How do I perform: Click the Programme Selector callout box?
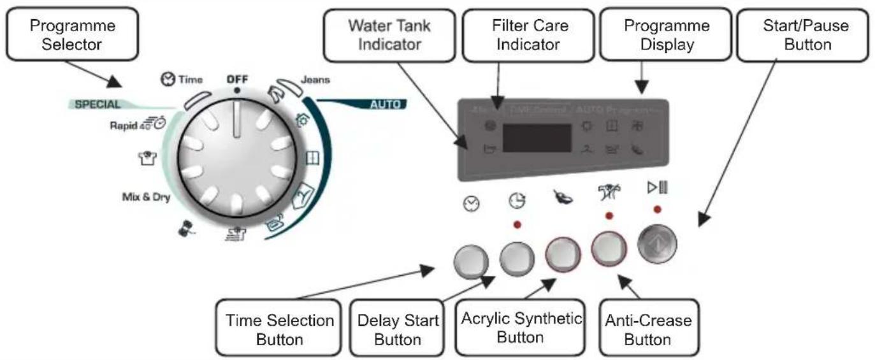[x=73, y=35]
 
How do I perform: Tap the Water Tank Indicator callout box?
[x=389, y=36]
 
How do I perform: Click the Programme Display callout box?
[x=667, y=36]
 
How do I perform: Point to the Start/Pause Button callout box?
[x=806, y=36]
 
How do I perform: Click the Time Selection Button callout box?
[x=279, y=329]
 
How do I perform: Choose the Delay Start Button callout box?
[x=397, y=329]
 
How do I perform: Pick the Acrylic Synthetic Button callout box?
[x=519, y=328]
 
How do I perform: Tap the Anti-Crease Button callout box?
[x=647, y=329]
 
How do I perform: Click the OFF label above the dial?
[x=237, y=80]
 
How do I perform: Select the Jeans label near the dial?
[x=315, y=81]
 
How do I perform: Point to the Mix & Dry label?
[x=146, y=197]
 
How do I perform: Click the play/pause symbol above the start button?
[x=656, y=188]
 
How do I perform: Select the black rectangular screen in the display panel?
[x=537, y=138]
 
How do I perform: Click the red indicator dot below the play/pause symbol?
[x=656, y=209]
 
